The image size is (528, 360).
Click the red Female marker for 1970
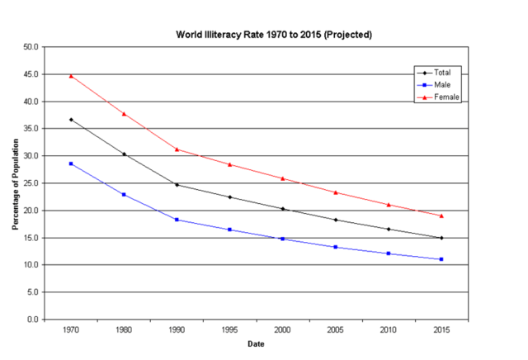(x=71, y=76)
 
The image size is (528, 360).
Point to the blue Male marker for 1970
(x=71, y=163)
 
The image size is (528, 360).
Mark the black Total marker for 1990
(x=177, y=184)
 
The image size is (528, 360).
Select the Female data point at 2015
(x=441, y=216)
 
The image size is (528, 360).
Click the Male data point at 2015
(x=441, y=259)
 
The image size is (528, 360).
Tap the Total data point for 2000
(x=282, y=209)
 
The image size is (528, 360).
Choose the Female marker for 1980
(x=124, y=113)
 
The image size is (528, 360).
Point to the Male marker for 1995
(x=229, y=230)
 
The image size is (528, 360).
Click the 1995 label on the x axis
(x=229, y=329)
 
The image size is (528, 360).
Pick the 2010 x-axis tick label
(x=389, y=329)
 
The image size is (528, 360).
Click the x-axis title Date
(x=256, y=343)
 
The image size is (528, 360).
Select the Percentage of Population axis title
(x=15, y=183)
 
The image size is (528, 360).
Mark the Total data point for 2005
(x=336, y=220)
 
